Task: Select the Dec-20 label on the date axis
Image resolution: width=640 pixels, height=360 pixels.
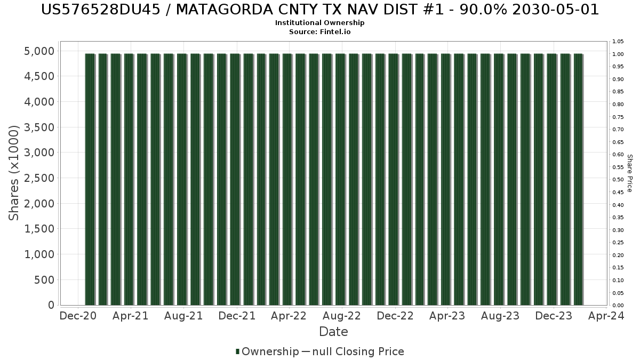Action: [x=78, y=316]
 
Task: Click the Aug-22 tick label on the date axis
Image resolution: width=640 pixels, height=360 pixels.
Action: [x=342, y=316]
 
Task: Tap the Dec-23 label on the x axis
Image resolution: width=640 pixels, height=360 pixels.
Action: [x=554, y=316]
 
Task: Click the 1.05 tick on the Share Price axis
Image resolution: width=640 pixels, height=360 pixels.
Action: [x=618, y=42]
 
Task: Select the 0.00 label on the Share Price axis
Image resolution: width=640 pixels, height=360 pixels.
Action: [x=618, y=306]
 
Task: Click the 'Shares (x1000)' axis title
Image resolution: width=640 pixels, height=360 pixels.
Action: [x=14, y=173]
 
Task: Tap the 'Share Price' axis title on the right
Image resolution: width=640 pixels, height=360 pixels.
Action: [x=629, y=173]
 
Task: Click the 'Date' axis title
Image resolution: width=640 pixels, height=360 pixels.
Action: [x=333, y=332]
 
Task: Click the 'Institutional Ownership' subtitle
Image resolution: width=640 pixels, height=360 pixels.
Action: [x=319, y=23]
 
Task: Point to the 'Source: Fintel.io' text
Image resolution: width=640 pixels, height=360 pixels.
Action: [x=319, y=31]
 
